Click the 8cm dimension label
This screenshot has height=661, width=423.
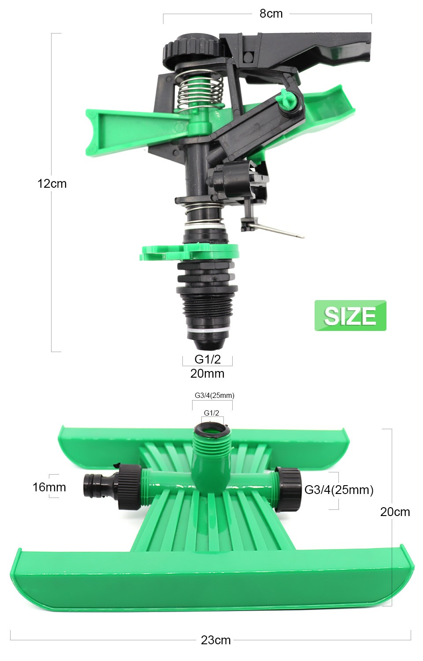pos(271,14)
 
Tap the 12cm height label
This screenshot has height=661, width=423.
pos(52,184)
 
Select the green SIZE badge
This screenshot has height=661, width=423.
pos(350,316)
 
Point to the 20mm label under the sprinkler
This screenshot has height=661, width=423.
pos(207,374)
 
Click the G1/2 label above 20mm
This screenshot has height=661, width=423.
pos(208,359)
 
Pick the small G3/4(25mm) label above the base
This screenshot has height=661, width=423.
pos(215,395)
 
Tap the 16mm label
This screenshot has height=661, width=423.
pos(49,487)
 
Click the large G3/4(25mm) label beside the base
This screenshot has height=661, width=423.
pos(339,490)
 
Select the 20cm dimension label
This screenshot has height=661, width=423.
pos(395,512)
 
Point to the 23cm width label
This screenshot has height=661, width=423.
pos(215,640)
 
